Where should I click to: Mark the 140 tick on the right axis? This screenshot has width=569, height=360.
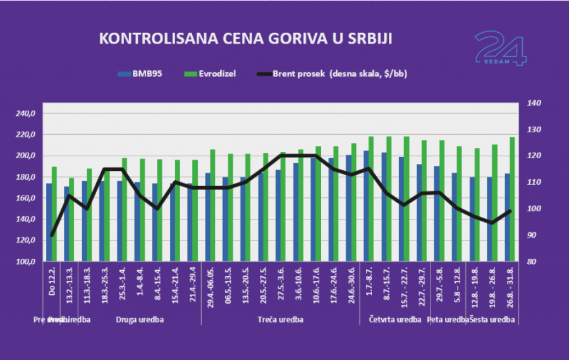click(529, 103)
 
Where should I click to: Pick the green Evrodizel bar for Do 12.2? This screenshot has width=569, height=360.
click(54, 214)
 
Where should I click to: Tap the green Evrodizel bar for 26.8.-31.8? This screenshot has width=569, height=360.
click(513, 199)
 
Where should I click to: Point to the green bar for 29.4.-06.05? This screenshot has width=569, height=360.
click(213, 206)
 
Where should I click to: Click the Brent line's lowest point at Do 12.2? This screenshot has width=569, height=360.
click(52, 235)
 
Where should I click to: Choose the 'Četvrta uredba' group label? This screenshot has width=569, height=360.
click(395, 320)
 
